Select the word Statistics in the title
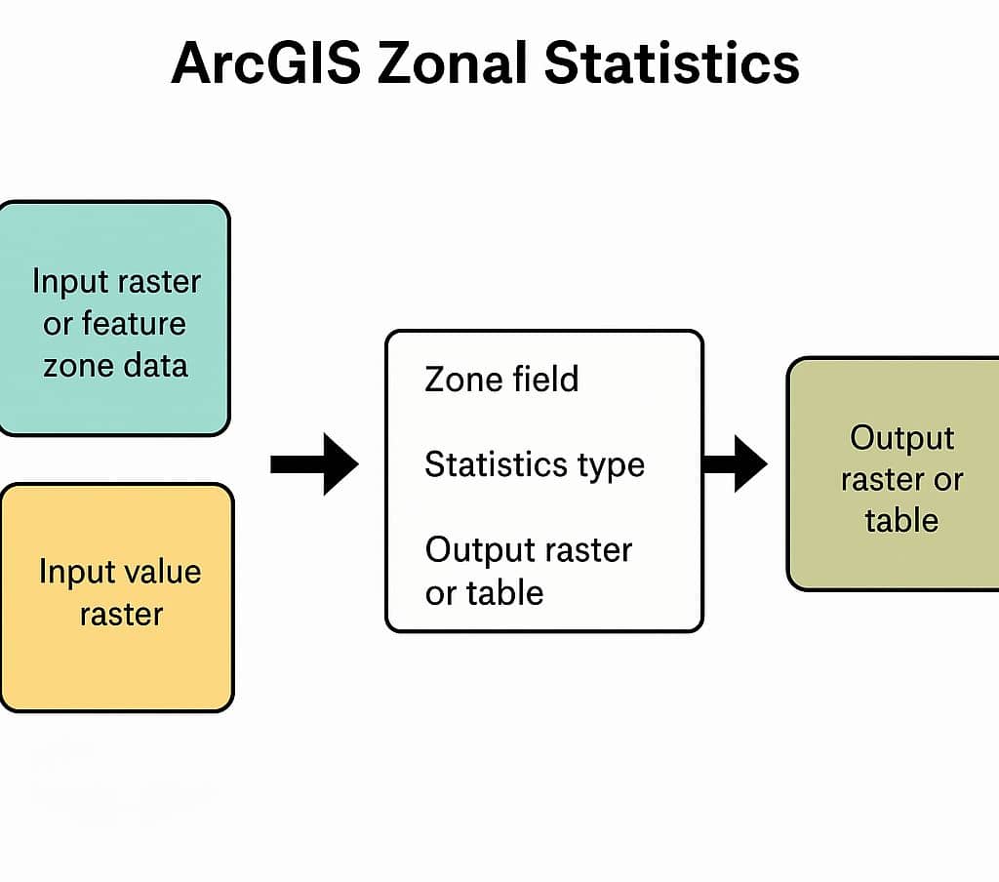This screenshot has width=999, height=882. coord(672,65)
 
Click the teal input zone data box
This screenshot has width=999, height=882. coord(113,318)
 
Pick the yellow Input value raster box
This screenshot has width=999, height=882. coord(116,597)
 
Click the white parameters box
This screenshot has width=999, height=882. coord(543,482)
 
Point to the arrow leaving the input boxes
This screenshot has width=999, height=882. coord(314,464)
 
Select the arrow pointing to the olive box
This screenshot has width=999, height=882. coord(735,463)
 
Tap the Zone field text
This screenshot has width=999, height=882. coord(501,379)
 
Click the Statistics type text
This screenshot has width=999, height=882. coord(534,464)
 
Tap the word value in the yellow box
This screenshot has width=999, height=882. coord(163,572)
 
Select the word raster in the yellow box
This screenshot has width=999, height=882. coord(121,614)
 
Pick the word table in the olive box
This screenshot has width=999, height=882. coord(900,519)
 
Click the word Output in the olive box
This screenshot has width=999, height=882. coord(901,437)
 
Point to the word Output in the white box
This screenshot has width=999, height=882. coord(477,550)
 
